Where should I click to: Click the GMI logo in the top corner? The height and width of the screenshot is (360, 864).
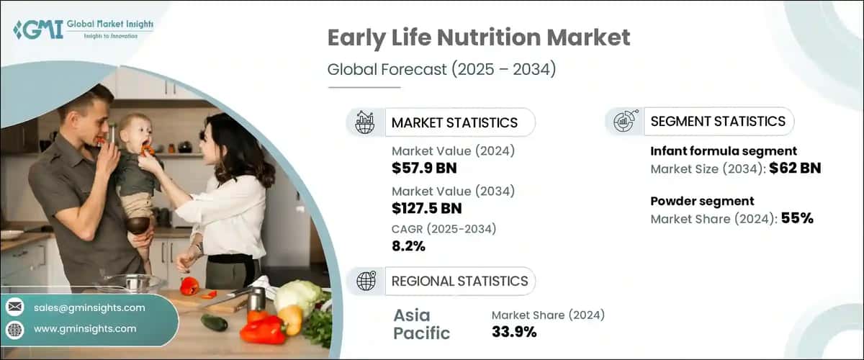click(x=83, y=30)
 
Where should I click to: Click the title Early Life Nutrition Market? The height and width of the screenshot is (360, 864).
click(x=479, y=39)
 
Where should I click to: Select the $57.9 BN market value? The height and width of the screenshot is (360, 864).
click(x=424, y=169)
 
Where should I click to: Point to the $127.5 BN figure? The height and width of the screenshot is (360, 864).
click(x=427, y=209)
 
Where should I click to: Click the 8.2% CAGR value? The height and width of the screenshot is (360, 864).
click(x=408, y=246)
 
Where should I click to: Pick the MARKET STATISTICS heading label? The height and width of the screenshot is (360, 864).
click(x=454, y=122)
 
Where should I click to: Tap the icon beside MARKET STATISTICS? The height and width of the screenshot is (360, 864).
click(x=364, y=122)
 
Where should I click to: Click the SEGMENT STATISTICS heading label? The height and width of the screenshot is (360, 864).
click(x=717, y=122)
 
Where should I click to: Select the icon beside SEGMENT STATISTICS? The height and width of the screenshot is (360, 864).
click(x=624, y=122)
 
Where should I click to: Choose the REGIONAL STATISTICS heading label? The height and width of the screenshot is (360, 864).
click(x=459, y=281)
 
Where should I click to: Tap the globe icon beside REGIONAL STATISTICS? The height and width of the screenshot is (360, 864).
click(x=366, y=282)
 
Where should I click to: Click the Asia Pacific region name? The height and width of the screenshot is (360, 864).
click(x=421, y=325)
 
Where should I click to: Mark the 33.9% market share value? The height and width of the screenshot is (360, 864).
click(x=513, y=331)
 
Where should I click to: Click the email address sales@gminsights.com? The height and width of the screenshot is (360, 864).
click(x=89, y=307)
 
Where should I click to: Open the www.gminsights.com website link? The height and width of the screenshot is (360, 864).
click(x=85, y=329)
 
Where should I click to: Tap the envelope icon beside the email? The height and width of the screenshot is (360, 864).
click(x=15, y=307)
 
